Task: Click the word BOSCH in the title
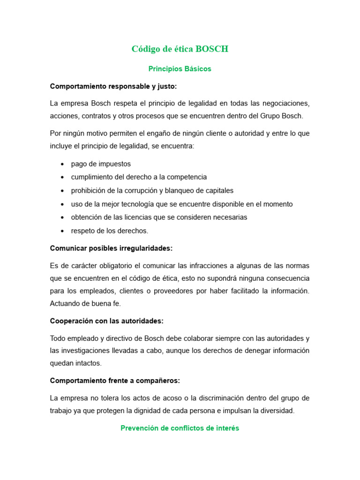pos(212,49)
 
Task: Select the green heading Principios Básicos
pos(180,69)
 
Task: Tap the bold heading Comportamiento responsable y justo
pos(113,86)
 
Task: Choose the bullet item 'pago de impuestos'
pos(101,164)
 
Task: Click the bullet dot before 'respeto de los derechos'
pos(62,231)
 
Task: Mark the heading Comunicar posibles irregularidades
pos(111,248)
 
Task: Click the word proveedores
pos(171,291)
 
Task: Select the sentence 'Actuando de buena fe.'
pos(85,303)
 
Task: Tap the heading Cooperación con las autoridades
pos(106,321)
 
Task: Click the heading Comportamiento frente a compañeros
pos(115,381)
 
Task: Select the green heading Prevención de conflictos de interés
pos(180,428)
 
